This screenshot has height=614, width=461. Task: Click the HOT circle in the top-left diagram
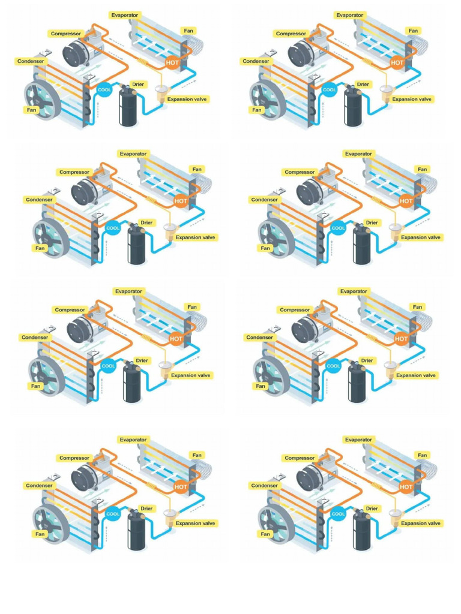click(x=172, y=62)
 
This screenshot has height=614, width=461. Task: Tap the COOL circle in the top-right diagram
click(x=330, y=90)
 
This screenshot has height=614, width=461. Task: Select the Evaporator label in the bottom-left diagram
click(x=133, y=440)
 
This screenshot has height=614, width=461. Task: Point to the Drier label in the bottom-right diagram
click(x=372, y=508)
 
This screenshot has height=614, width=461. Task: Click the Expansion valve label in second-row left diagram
click(x=196, y=237)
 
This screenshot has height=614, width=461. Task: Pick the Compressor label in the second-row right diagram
click(x=300, y=172)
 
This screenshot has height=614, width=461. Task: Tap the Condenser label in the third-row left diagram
click(x=34, y=338)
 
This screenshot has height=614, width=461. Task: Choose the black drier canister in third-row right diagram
click(x=358, y=384)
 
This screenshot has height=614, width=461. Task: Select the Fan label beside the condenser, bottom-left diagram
click(x=40, y=534)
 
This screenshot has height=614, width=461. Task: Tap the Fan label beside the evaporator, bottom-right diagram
click(x=423, y=455)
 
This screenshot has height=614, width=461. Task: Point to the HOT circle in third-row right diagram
click(x=402, y=339)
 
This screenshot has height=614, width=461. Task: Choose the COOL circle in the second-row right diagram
click(x=338, y=228)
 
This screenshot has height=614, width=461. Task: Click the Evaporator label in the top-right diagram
click(x=350, y=15)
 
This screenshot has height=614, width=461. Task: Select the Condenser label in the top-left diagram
click(x=30, y=61)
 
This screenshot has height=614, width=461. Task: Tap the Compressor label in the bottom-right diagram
click(x=300, y=458)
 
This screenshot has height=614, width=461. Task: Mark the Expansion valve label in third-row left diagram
click(x=191, y=375)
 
